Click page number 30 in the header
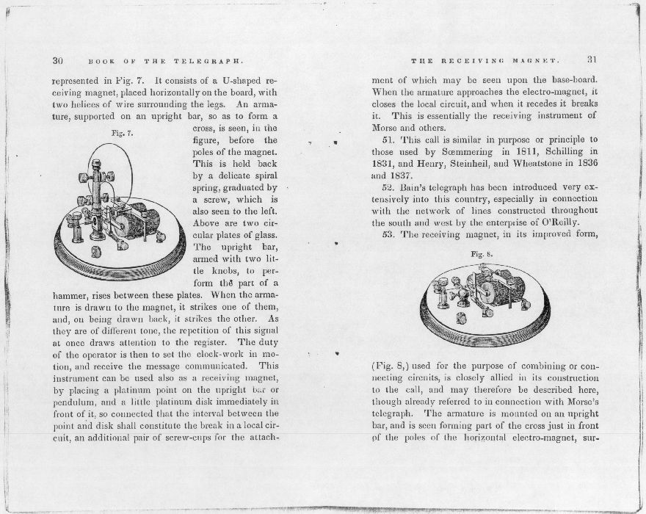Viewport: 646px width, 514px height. click(59, 60)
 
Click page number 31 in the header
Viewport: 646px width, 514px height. click(592, 60)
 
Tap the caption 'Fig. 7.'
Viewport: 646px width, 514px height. click(120, 134)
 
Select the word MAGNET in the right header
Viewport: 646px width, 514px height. click(539, 60)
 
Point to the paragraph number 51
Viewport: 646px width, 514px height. click(389, 140)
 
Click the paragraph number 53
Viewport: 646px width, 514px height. click(389, 235)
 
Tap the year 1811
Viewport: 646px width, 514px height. click(511, 152)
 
